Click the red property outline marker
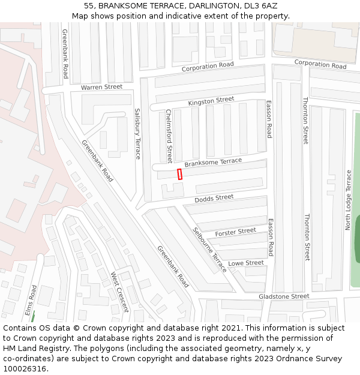pos(179,174)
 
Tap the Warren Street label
pos(101,87)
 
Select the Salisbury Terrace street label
pos(137,133)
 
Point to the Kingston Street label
pos(211,101)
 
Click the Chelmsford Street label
pos(169,136)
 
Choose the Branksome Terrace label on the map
pos(213,162)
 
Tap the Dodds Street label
pos(214,198)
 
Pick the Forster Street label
pos(235,232)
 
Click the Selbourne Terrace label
pos(210,250)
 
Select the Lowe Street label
pos(246,263)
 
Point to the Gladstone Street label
pos(284,296)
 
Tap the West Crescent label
pos(119,292)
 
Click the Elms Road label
pos(31,299)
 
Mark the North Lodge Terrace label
pos(348,200)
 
